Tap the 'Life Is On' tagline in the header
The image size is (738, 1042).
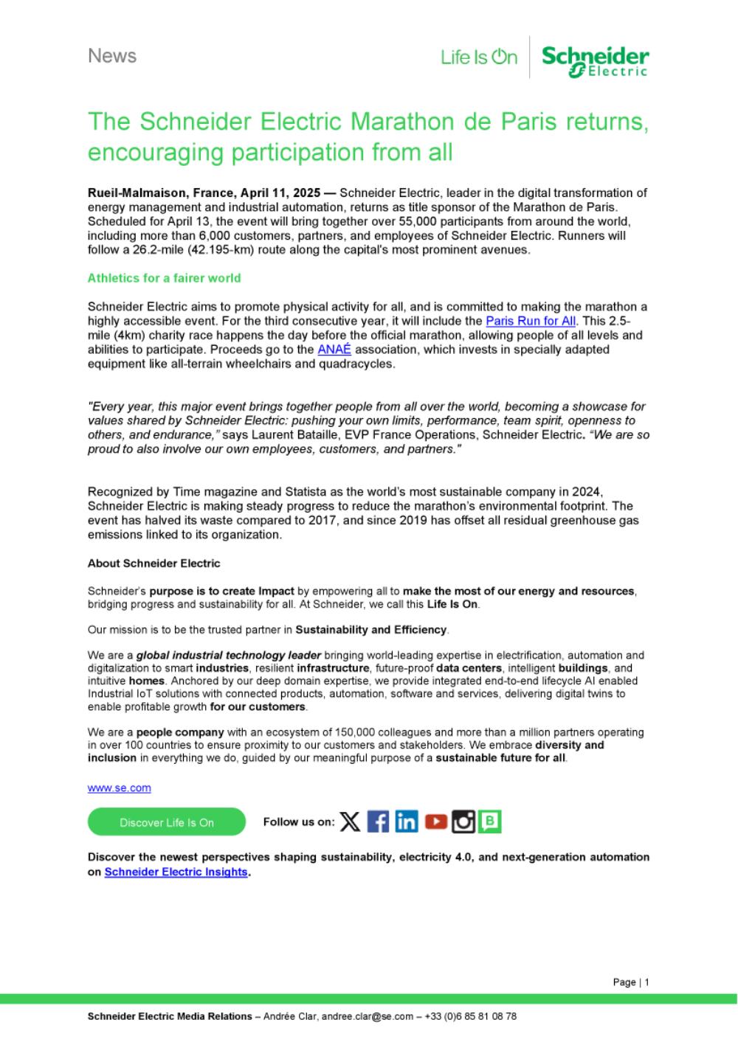[x=479, y=58]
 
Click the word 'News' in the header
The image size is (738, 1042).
[x=112, y=56]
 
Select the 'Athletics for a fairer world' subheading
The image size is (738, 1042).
[x=164, y=278]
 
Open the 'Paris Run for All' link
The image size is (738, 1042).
[x=531, y=321]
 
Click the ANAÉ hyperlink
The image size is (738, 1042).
[x=334, y=350]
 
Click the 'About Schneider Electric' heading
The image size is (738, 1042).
[x=154, y=563]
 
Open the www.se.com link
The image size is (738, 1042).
[x=119, y=788]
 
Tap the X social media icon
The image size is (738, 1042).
[x=350, y=822]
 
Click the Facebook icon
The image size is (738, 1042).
[x=378, y=822]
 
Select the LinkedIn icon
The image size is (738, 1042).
[x=406, y=822]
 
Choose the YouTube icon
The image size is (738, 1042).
[x=435, y=822]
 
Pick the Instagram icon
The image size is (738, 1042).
[x=463, y=822]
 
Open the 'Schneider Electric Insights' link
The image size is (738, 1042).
[x=176, y=872]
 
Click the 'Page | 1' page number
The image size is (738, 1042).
[x=631, y=982]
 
